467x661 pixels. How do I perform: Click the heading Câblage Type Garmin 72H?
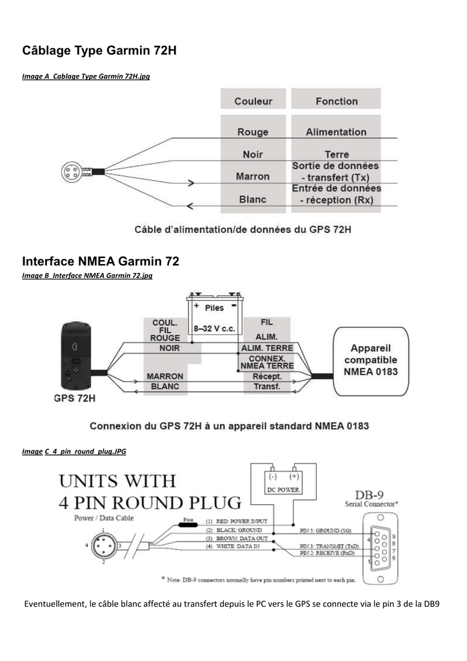(99, 50)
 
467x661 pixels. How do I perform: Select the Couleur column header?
(253, 101)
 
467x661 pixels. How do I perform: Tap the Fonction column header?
(336, 101)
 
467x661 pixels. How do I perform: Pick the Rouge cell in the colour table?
(253, 132)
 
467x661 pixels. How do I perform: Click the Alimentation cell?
(336, 132)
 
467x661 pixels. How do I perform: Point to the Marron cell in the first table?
(253, 176)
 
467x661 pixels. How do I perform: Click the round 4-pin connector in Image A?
(70, 172)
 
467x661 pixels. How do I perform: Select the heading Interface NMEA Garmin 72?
(100, 262)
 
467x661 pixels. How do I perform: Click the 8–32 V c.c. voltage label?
(215, 329)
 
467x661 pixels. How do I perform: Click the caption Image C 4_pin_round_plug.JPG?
(74, 452)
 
